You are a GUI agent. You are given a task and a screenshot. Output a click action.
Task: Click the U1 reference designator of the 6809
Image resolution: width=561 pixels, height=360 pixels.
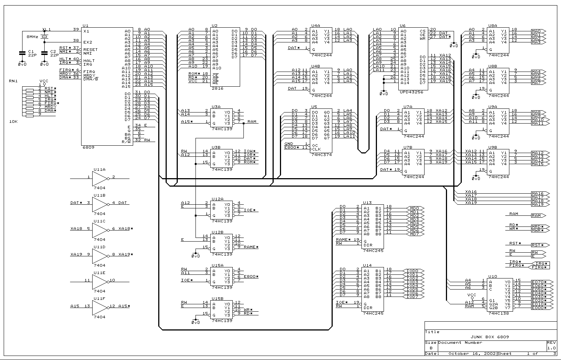pos(86,25)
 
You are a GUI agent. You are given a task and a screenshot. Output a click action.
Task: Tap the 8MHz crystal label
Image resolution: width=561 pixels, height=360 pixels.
pos(32,37)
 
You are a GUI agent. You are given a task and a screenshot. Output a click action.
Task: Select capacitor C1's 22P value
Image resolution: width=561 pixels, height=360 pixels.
pos(32,55)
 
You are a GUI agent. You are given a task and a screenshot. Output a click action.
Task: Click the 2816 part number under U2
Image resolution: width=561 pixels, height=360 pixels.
pos(217,89)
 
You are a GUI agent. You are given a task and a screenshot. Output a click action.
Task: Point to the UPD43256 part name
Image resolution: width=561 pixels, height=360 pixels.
pos(411,92)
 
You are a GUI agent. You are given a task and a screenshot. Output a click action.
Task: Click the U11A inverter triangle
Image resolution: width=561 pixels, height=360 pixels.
pos(100,179)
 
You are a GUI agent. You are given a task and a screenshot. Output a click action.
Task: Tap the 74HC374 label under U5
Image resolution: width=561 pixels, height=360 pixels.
pos(321,155)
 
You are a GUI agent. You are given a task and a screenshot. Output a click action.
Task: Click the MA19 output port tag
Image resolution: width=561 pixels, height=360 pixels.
pos(538,204)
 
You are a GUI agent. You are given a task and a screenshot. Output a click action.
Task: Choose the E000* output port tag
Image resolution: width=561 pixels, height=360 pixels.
pos(539,308)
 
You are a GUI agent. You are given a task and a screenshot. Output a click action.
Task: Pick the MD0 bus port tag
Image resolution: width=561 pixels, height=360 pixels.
pos(415,208)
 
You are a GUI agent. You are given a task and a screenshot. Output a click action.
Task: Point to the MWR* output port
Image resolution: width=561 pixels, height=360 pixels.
pos(538,231)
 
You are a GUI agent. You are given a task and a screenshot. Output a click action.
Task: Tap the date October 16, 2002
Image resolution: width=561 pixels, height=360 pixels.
pos(472,353)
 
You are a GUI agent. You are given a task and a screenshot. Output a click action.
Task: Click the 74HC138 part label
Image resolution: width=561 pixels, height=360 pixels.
pos(498,314)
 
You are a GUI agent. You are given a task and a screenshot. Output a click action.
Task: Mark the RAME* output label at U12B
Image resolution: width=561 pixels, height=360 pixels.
pos(251,247)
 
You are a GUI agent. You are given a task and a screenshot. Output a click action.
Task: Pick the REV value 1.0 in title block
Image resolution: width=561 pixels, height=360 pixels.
pos(551,348)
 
